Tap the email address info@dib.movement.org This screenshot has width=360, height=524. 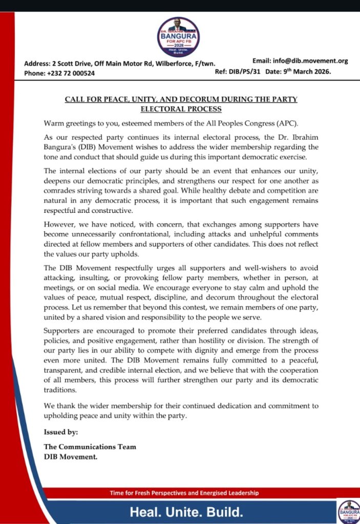301,61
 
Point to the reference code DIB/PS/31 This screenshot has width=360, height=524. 245,72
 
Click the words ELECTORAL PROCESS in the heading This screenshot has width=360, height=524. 181,109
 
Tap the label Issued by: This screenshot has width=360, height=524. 61,432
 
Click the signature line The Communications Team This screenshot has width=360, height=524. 90,447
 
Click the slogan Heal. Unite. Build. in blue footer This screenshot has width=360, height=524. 186,512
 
